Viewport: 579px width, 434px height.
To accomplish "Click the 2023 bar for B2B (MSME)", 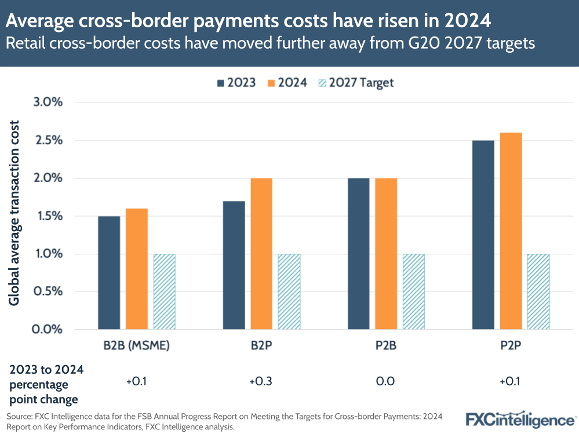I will [109, 272].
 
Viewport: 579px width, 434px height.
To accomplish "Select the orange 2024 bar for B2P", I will [261, 254].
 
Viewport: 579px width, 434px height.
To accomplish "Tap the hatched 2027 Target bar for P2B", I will [413, 291].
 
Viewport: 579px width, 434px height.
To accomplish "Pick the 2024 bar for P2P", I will [511, 231].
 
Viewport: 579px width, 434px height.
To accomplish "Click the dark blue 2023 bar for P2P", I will [483, 235].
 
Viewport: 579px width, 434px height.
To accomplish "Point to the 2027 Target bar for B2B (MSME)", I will [164, 291].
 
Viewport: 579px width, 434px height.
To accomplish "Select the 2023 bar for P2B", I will [358, 254].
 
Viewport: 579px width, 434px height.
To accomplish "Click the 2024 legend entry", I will [288, 82].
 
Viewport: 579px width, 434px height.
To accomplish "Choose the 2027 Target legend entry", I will [356, 82].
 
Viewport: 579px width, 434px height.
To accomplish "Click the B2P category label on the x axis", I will [261, 347].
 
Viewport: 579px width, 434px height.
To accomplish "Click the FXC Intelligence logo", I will [520, 419].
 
